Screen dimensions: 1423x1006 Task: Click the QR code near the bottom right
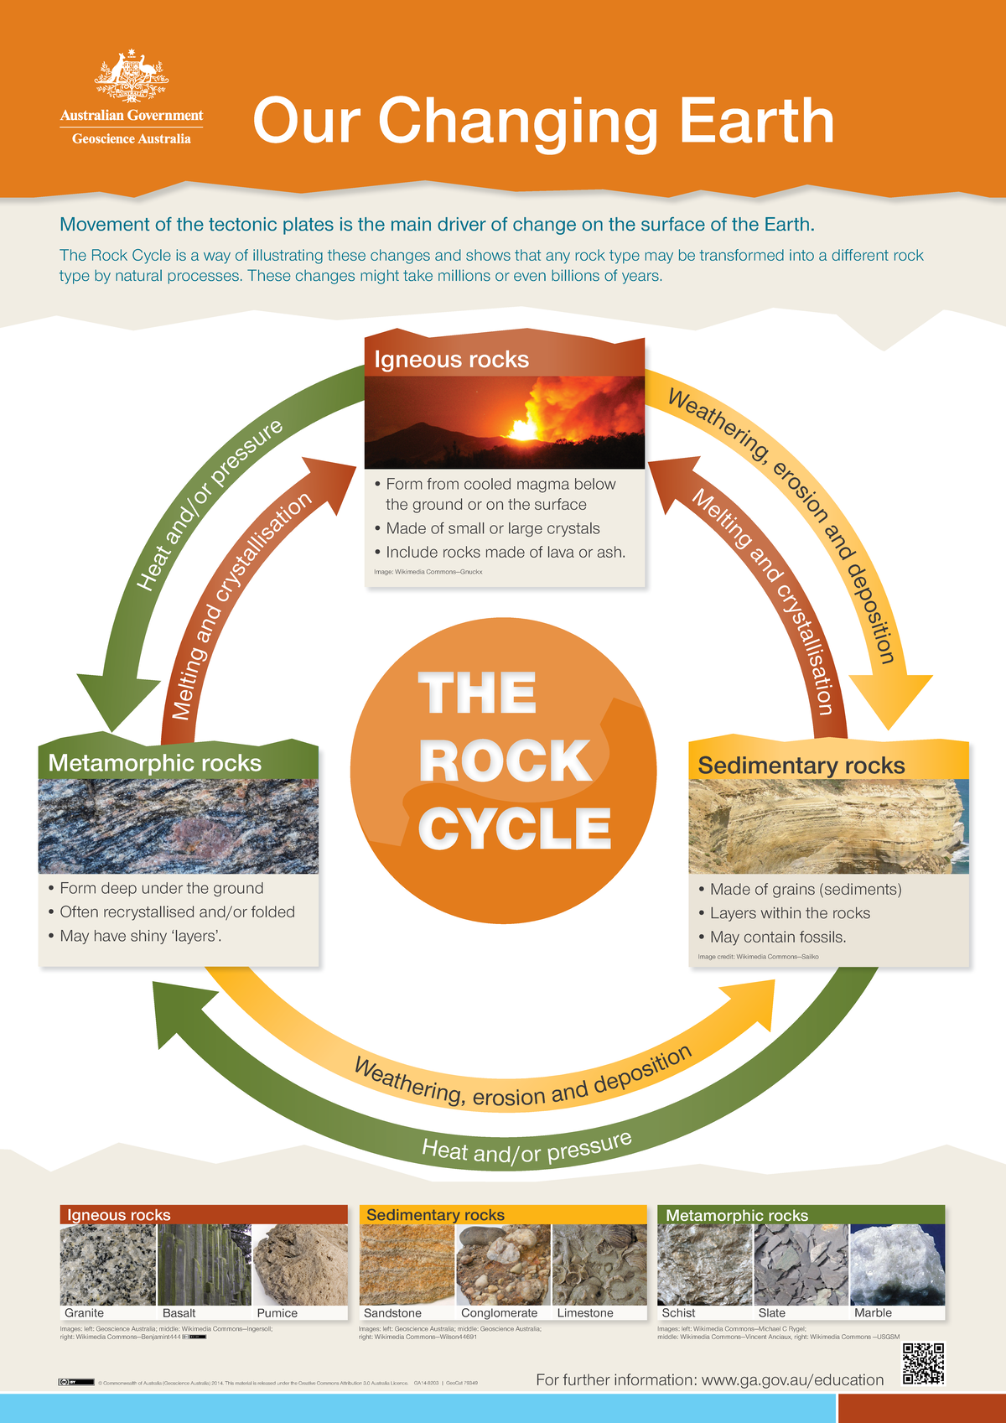[923, 1364]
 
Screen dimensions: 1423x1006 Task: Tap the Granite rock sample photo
[108, 1265]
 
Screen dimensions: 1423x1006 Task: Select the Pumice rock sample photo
[300, 1265]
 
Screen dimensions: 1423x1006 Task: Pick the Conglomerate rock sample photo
[503, 1265]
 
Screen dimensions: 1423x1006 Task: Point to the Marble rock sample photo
[897, 1265]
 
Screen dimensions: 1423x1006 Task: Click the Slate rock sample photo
[801, 1265]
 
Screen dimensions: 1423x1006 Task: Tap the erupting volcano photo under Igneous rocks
[505, 422]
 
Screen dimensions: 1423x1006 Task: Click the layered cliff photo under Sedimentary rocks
[828, 826]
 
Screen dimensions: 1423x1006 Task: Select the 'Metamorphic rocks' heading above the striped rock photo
[155, 763]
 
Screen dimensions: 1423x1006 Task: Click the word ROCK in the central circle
[505, 761]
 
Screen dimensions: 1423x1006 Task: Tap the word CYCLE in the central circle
[515, 828]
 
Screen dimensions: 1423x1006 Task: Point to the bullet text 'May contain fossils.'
[777, 937]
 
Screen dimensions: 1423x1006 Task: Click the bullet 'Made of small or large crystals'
[493, 528]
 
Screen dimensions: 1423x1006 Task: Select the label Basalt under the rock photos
[179, 1313]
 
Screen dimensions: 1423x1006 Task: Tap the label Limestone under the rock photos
[585, 1313]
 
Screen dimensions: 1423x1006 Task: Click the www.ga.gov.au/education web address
[792, 1380]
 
